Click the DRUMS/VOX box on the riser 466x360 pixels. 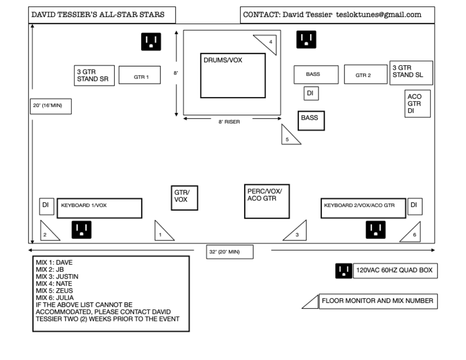[x=233, y=75]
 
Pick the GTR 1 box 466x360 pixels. [x=140, y=75]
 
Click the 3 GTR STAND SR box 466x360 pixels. [x=94, y=75]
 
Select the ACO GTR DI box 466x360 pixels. [x=417, y=104]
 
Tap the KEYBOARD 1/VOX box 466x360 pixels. [x=99, y=208]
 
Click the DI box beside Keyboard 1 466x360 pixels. [x=47, y=206]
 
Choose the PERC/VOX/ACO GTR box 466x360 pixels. [x=267, y=201]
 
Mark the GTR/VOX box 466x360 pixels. [x=184, y=198]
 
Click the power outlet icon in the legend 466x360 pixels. [x=344, y=271]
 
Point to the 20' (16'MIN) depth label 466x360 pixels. [x=51, y=106]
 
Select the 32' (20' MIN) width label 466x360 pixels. [x=230, y=252]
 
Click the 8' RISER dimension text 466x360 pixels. [x=229, y=122]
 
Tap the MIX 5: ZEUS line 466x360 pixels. [x=54, y=291]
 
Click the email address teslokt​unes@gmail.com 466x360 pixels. [x=378, y=15]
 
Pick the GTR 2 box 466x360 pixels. [x=366, y=75]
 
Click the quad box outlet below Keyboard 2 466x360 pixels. [x=375, y=230]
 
